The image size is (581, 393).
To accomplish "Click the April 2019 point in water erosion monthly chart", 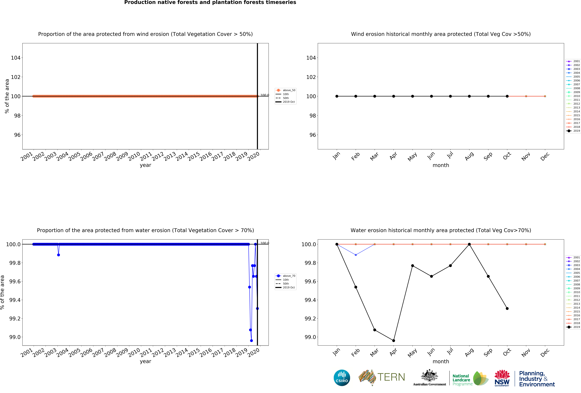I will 393,340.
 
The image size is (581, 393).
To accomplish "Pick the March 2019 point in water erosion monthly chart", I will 374,330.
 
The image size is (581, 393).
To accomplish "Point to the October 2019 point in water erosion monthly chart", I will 507,308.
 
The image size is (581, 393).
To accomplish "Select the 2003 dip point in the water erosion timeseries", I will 59,255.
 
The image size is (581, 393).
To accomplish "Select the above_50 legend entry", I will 289,90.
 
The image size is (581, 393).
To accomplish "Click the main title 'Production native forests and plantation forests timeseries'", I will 210,3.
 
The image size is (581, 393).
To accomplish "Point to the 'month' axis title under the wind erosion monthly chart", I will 441,165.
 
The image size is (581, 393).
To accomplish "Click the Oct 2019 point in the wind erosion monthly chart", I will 507,96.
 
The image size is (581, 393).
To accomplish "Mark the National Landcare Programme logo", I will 470,378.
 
